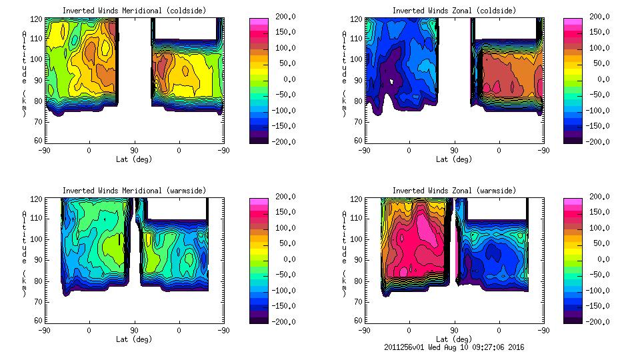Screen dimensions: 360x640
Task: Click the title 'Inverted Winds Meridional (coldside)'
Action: tap(134, 11)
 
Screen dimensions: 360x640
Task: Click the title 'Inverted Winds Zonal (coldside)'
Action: tap(453, 11)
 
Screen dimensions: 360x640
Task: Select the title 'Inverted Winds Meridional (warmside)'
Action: tap(134, 191)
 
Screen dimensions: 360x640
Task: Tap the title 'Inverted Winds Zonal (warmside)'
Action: tap(453, 191)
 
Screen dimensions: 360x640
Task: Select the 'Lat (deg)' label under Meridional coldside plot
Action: tap(134, 159)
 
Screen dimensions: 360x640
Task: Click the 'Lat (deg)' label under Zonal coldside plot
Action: tap(453, 159)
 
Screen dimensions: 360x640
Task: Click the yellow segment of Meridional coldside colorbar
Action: tap(259, 64)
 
